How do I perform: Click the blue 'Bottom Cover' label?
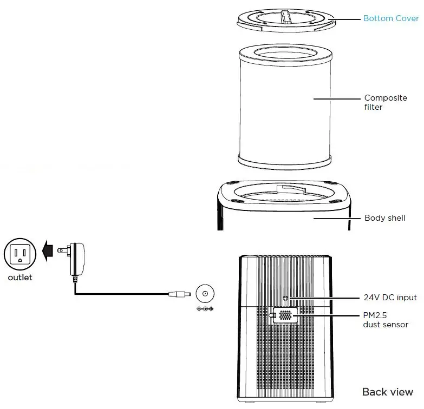(390, 18)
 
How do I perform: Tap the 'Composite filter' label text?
(385, 102)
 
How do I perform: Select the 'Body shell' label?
(384, 218)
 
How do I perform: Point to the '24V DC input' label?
(390, 298)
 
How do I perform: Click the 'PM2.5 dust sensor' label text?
(385, 320)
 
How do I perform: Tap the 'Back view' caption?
(387, 392)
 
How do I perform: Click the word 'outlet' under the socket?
(20, 278)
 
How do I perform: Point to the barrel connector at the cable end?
(179, 294)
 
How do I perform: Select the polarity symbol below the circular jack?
(205, 309)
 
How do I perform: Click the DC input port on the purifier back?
(285, 298)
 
